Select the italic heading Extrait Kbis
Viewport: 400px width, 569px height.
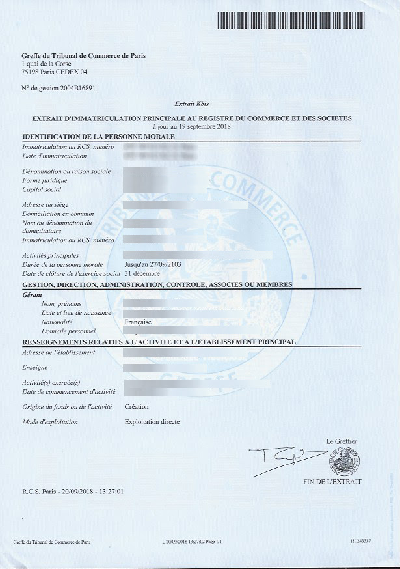point(191,104)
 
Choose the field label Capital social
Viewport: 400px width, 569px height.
point(42,189)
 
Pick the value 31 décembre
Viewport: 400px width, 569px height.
point(142,273)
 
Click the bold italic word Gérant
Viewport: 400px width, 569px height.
point(33,295)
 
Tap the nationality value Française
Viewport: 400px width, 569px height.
point(138,322)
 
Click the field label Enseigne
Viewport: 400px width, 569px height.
point(36,368)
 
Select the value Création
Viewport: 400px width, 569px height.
point(137,406)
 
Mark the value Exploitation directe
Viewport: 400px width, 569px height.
point(152,422)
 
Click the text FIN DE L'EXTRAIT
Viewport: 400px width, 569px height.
point(332,482)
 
